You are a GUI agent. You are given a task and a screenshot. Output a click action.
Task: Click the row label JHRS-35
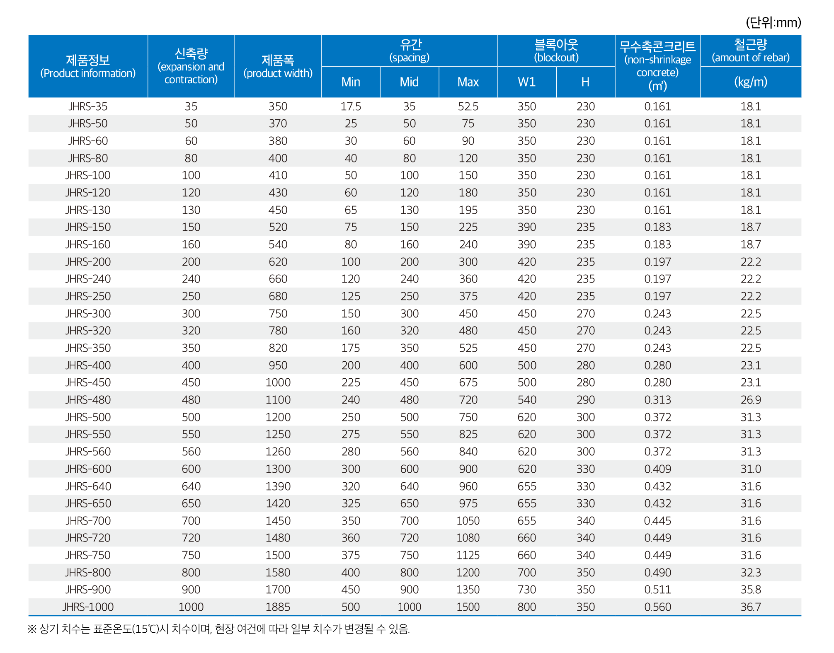tap(88, 106)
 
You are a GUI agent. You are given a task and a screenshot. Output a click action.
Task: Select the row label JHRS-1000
tap(88, 607)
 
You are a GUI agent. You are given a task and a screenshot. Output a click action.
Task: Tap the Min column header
tap(351, 82)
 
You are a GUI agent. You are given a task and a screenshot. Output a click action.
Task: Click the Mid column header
tap(409, 82)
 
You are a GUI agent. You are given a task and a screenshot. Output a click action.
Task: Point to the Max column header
tap(468, 82)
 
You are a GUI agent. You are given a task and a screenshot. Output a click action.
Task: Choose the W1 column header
tap(527, 82)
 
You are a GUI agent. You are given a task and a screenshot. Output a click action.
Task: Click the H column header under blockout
tap(585, 82)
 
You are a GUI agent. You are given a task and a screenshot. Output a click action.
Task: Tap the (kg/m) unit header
tap(751, 82)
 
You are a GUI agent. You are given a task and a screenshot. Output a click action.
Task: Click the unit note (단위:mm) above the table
tap(773, 22)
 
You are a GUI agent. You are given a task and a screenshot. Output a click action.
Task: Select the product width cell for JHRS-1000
tap(278, 607)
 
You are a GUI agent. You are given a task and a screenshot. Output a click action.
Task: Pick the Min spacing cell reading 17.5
tap(351, 106)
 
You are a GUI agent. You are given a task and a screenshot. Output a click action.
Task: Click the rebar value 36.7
tap(751, 607)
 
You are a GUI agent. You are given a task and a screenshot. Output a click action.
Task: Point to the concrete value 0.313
tap(657, 400)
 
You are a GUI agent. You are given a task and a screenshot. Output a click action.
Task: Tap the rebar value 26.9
tap(751, 400)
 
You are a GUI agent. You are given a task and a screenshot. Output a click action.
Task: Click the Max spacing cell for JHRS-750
tap(468, 555)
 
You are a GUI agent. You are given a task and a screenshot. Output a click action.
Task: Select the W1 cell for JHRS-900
tap(527, 590)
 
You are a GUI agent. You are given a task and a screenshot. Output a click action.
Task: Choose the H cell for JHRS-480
tap(585, 400)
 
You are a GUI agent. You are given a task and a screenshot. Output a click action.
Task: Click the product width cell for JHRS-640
tap(278, 486)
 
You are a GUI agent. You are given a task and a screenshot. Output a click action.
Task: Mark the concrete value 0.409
tap(657, 469)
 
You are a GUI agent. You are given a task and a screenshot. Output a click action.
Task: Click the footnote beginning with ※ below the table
tap(219, 629)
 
